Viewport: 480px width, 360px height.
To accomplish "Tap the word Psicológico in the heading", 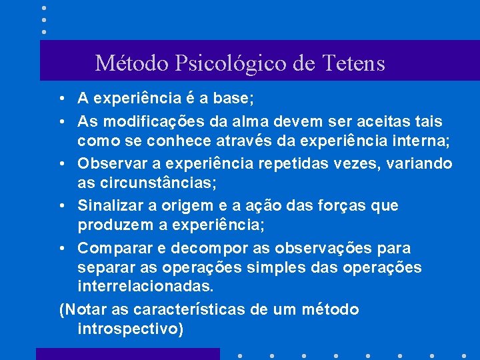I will [231, 63].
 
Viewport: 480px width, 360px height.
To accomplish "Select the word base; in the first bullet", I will [232, 99].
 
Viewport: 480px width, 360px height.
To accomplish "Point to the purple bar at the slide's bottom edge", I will [127, 353].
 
